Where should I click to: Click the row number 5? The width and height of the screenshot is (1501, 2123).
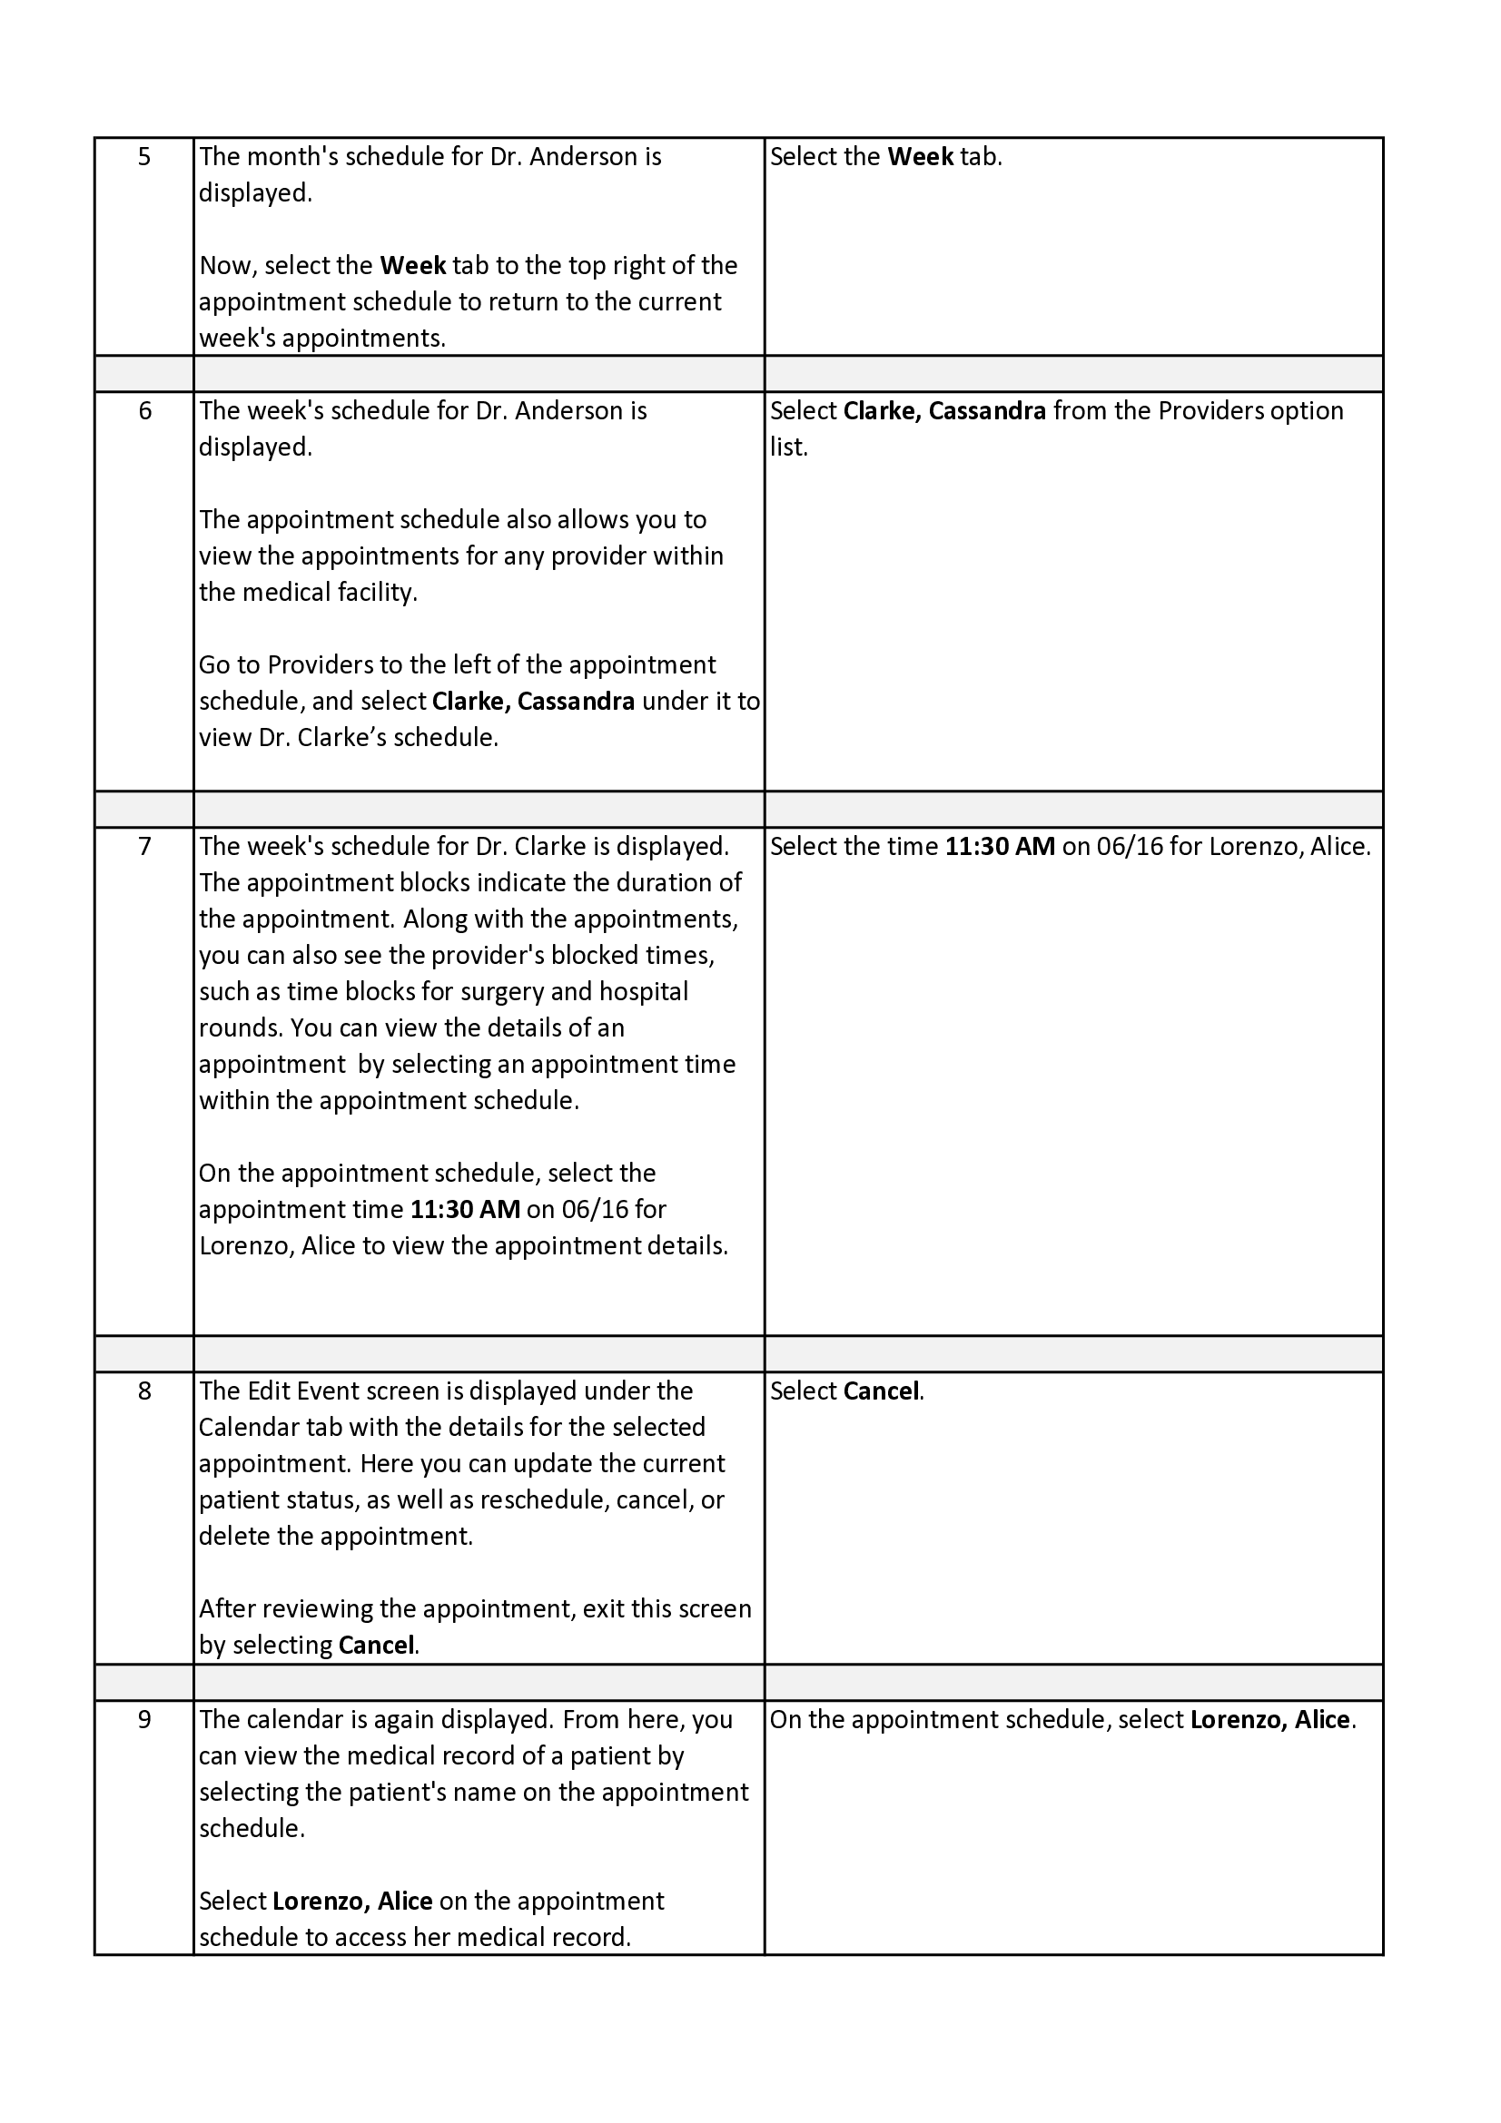tap(144, 157)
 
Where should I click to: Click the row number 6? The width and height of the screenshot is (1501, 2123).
tap(144, 411)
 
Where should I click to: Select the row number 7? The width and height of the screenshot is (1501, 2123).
tap(144, 847)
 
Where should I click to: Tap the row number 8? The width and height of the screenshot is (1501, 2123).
tap(144, 1391)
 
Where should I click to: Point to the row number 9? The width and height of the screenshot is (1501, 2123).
tap(144, 1720)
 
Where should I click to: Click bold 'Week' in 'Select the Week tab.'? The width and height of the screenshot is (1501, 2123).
tap(920, 157)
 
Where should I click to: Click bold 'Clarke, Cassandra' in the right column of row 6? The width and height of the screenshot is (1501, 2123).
tap(944, 411)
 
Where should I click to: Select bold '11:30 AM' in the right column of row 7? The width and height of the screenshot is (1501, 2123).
tap(1000, 847)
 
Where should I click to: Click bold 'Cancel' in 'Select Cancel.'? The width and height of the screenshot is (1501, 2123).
tap(882, 1391)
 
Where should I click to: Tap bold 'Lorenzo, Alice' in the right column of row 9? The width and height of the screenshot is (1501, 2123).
tap(1269, 1720)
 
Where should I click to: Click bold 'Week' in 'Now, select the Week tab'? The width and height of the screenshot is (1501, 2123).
tap(413, 266)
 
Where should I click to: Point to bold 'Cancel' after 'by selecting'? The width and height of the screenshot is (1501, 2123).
tap(377, 1646)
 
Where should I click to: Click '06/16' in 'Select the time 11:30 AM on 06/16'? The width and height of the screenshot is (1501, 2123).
tap(1130, 847)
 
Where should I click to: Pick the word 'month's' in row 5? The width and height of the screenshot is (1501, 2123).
tap(287, 157)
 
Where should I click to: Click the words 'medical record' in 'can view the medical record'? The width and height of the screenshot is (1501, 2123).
tap(485, 1756)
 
